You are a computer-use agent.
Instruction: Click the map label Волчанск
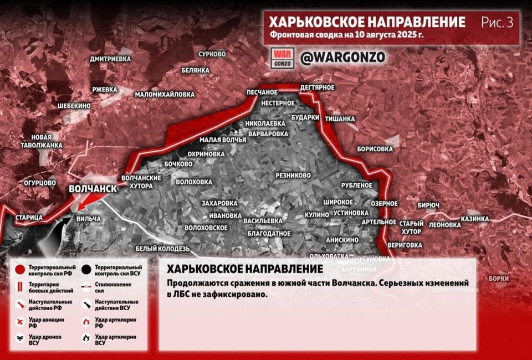pos(93,189)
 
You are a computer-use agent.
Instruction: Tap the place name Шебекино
pos(74,105)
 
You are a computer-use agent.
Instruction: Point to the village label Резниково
pos(293,175)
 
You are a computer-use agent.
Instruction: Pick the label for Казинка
pos(475,219)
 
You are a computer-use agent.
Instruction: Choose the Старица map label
pos(29,217)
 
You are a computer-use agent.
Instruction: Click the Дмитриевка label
pos(110,59)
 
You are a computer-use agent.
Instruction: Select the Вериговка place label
pos(405,244)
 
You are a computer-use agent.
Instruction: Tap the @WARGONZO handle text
pos(342,57)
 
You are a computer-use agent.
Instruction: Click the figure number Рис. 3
pos(497,23)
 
